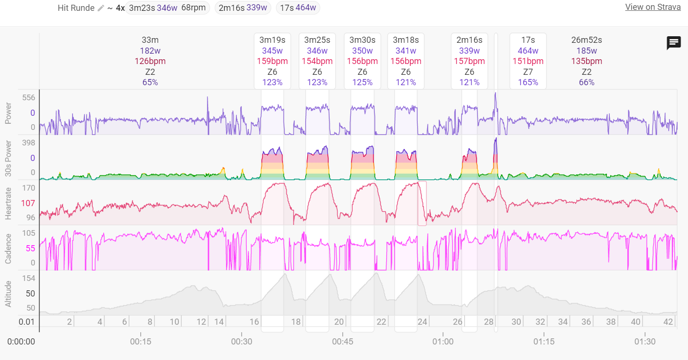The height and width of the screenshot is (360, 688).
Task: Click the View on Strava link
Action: coord(653,7)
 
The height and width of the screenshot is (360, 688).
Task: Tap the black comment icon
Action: coord(674,43)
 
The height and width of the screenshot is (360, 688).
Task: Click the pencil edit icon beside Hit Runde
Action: coord(101,8)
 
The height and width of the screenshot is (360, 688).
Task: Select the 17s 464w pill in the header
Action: coord(298,8)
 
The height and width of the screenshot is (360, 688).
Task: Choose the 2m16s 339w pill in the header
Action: coord(243,8)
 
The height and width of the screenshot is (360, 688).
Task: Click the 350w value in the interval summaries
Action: coord(362,51)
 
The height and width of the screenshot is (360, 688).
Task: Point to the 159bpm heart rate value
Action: coord(272,61)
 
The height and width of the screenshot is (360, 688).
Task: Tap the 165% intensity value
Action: coord(528,82)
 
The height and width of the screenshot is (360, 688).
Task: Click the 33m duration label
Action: coord(150,40)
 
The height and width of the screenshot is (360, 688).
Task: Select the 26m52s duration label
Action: coord(587,40)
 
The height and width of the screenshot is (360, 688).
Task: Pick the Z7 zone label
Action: coord(528,72)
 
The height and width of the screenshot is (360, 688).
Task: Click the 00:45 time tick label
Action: coord(342,341)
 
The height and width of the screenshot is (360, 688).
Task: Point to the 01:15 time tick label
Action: coord(544,341)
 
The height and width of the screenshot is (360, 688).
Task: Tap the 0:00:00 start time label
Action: coord(21,341)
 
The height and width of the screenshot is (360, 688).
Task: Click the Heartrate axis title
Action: coord(8,202)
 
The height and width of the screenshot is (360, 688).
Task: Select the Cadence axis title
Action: coord(8,248)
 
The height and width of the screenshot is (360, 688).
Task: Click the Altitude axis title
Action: coord(8,293)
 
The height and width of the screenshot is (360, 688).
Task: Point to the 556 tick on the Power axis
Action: coord(29,97)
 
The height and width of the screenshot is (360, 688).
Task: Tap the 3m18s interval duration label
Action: coord(405,40)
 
